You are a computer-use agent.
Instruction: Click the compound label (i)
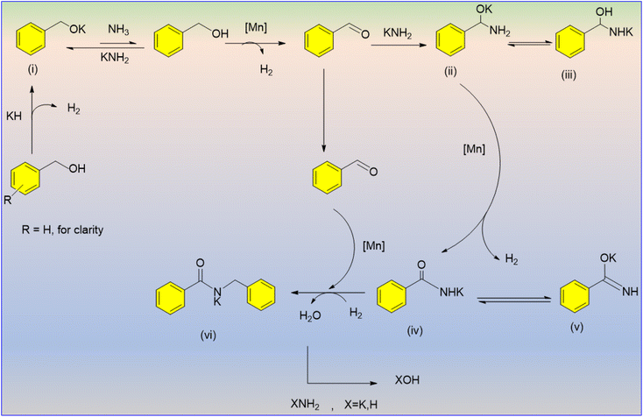(x=26, y=68)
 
